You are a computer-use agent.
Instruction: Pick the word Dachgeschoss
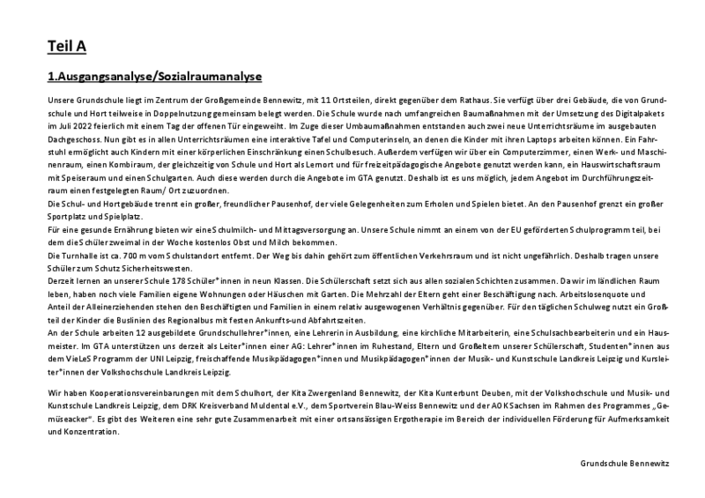(x=70, y=138)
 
